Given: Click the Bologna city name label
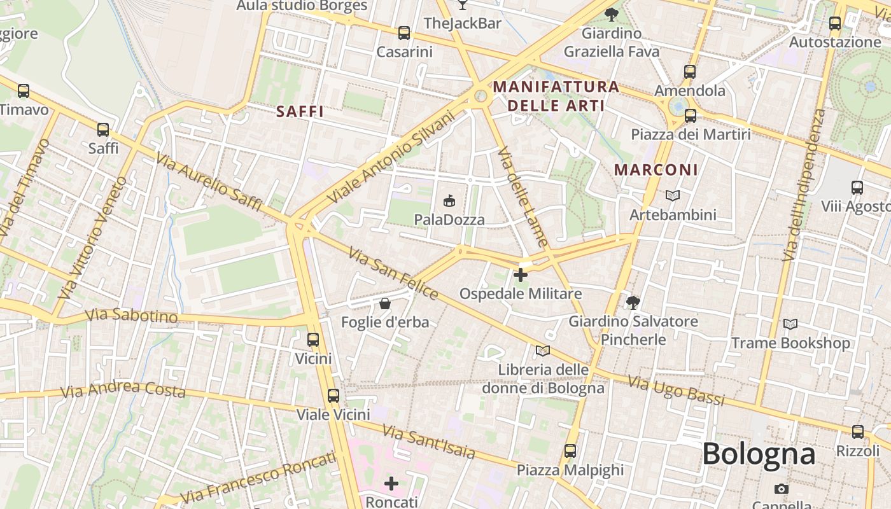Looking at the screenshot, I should pos(759,454).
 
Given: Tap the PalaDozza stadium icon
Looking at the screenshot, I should pos(449,201).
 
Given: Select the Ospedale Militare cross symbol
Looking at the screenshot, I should pos(521,275).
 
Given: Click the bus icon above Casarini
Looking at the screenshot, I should pos(404,33).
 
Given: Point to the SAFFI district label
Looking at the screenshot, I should pos(300,112).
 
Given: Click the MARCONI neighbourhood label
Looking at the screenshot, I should pos(656,170).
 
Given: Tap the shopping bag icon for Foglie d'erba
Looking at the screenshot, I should pos(385,303).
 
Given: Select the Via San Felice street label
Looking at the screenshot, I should pos(393,274).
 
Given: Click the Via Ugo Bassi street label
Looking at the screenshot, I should pos(676,391).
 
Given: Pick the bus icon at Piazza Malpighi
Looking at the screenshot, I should pos(570,451).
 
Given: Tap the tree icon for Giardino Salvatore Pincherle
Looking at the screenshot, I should pos(633,302).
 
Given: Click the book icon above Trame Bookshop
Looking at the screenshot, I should pos(790,324).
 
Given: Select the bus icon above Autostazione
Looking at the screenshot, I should pos(835,24).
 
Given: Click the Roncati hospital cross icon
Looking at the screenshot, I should pos(391,484).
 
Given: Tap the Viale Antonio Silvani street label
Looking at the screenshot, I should pos(391,157).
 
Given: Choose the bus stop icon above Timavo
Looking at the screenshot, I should pos(24,91).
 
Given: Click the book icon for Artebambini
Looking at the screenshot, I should pos(673,196).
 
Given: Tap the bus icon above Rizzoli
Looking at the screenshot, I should pos(858,432).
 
